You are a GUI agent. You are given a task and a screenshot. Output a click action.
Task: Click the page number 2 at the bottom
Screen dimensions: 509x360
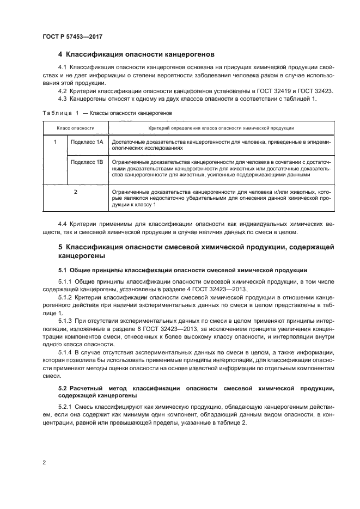(44, 462)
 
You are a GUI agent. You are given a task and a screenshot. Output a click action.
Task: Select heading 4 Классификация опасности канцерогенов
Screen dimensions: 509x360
(136, 54)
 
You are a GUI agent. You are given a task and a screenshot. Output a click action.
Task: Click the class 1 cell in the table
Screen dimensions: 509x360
(55, 142)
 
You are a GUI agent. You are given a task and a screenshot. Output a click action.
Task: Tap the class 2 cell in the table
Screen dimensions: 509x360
(75, 192)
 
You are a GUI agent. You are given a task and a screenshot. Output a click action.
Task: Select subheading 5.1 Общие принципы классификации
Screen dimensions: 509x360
(182, 270)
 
